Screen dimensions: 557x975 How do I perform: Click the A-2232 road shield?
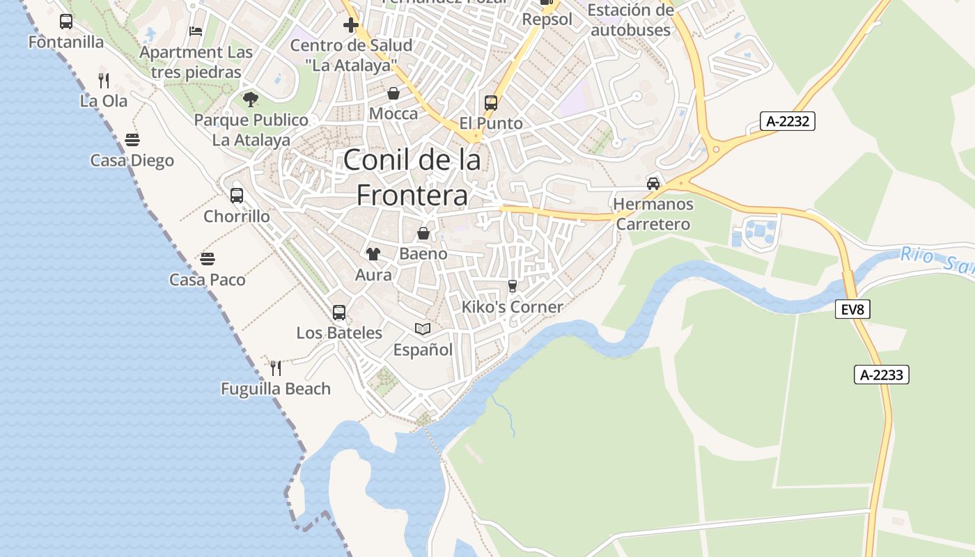788,122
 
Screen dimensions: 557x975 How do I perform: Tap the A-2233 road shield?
882,375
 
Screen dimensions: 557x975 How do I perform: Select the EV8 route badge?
852,309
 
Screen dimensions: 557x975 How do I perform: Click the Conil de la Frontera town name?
412,178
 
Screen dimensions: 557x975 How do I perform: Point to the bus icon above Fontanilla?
66,22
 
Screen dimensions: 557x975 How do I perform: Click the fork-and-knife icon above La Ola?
104,81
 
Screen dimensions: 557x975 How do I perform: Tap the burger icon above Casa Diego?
132,140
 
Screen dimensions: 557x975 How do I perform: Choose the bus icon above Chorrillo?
237,196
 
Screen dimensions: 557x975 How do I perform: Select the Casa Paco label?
208,280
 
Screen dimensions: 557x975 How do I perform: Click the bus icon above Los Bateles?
339,312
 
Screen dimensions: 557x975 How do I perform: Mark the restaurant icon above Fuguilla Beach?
276,368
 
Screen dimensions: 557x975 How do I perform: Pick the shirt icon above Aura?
373,254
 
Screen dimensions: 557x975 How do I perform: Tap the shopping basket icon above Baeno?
423,233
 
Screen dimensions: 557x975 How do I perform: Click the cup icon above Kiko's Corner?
513,286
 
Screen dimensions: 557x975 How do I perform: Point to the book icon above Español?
423,329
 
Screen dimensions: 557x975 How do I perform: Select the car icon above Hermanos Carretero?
653,184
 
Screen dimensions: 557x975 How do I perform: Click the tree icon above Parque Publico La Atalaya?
251,100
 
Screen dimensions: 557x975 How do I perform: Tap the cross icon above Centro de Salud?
351,26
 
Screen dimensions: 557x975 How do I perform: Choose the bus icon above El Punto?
491,103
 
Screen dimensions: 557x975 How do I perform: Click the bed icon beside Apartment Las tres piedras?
196,31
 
